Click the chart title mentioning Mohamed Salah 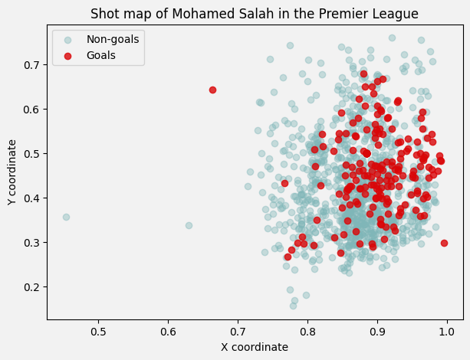pyautogui.click(x=255, y=14)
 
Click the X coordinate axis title pyautogui.click(x=255, y=347)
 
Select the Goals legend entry pyautogui.click(x=101, y=55)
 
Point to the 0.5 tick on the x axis pyautogui.click(x=98, y=332)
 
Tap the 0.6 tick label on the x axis pyautogui.click(x=168, y=332)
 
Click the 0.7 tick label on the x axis pyautogui.click(x=238, y=332)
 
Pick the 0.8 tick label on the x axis pyautogui.click(x=307, y=332)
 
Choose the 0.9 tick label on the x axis pyautogui.click(x=377, y=332)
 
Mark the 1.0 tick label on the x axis pyautogui.click(x=447, y=332)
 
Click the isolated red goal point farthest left pyautogui.click(x=212, y=90)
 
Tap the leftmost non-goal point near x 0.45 pyautogui.click(x=66, y=217)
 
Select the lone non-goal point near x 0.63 pyautogui.click(x=189, y=225)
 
